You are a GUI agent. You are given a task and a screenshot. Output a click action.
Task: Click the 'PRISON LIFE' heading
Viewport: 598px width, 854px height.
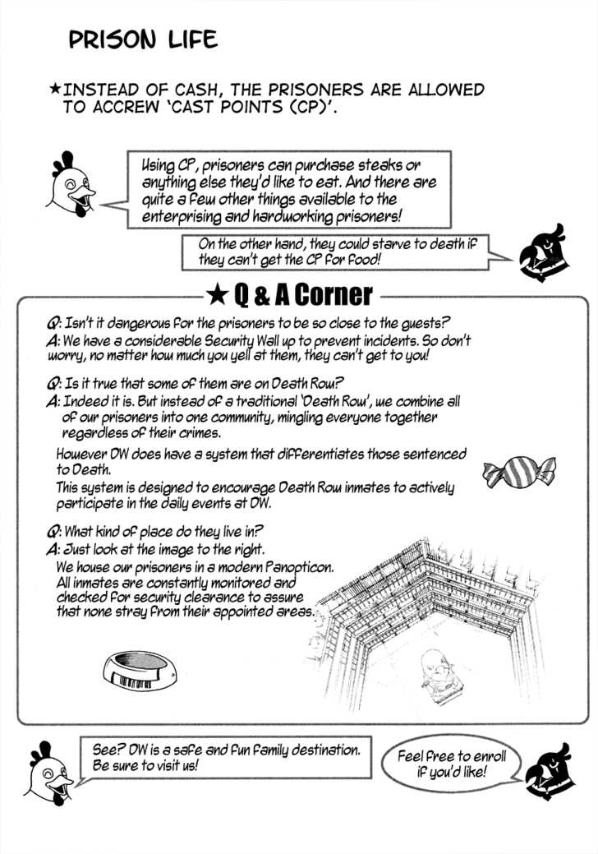(x=143, y=39)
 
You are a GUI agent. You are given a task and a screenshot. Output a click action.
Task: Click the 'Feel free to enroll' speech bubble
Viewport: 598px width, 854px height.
(x=452, y=765)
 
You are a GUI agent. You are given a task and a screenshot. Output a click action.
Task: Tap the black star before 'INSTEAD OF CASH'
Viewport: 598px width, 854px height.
(x=55, y=89)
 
